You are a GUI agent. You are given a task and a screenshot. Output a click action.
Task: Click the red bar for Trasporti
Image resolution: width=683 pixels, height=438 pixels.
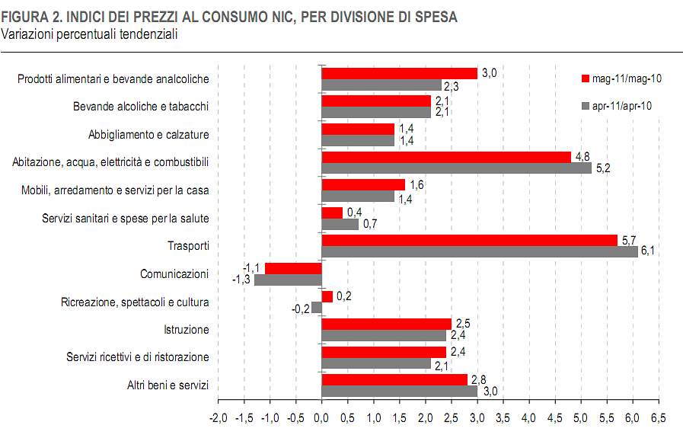pos(469,241)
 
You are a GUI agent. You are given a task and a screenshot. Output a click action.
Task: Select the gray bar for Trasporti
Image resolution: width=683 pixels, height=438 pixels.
pos(480,252)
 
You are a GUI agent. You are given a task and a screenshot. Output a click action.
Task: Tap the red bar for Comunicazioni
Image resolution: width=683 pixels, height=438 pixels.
pos(293,268)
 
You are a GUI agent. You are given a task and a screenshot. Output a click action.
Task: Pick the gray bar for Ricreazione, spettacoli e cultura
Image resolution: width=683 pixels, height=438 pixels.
pos(317,308)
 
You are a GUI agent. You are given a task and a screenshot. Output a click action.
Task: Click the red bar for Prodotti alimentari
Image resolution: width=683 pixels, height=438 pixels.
pos(399,73)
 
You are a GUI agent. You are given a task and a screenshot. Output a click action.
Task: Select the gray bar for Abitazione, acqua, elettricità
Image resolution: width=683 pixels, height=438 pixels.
pos(456,168)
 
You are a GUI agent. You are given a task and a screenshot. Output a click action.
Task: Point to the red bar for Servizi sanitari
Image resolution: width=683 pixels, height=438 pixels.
pos(332,213)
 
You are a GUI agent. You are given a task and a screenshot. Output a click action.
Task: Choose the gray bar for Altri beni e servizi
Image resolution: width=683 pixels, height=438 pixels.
pos(399,391)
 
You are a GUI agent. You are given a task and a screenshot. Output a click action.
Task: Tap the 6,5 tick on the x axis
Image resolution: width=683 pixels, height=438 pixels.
pos(659,417)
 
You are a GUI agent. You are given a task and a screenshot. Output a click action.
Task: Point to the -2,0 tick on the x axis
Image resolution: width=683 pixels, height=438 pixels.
pos(218,417)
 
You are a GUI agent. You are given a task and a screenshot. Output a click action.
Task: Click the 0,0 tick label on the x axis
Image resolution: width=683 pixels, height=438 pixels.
pos(321,417)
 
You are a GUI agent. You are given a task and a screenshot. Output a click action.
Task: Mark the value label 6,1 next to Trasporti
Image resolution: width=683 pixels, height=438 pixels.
pos(649,252)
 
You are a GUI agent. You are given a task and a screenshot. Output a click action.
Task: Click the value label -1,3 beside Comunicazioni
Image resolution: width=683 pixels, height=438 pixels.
pos(242,280)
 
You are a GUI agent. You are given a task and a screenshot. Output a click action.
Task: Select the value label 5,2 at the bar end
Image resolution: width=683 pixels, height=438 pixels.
pos(602,168)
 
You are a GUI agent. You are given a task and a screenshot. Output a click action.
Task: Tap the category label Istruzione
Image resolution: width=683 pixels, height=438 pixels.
pos(186,330)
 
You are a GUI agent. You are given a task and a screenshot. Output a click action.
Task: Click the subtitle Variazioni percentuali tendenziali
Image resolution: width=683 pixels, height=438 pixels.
pos(90,34)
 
